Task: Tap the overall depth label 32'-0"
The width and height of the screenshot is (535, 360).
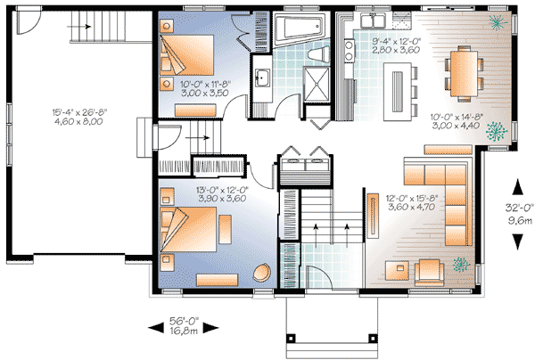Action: (x=516, y=211)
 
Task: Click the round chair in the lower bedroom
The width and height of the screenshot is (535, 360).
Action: (x=262, y=274)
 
